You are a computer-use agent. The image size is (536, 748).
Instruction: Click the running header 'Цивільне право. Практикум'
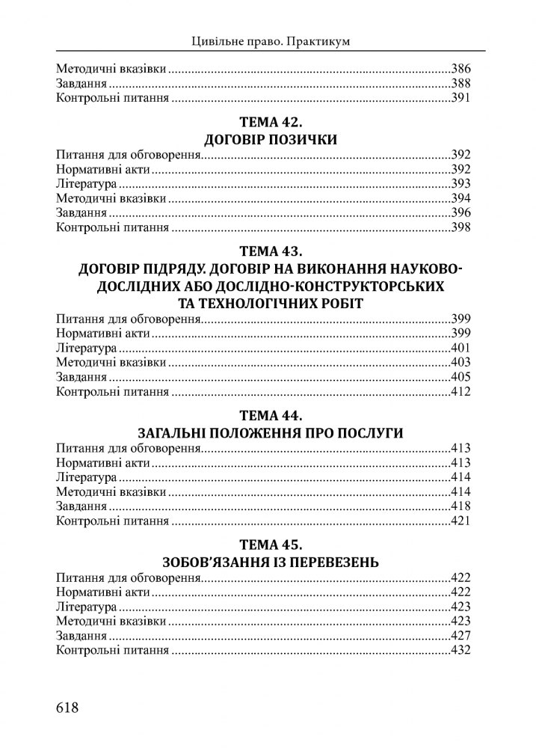click(x=270, y=42)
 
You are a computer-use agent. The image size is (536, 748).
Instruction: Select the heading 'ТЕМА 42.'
click(x=270, y=121)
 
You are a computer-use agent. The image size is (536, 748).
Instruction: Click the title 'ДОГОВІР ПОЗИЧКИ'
click(x=270, y=140)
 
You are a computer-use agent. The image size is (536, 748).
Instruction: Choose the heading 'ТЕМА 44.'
click(x=270, y=414)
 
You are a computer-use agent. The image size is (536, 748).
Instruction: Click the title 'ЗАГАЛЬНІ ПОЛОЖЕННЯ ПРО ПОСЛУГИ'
click(x=270, y=433)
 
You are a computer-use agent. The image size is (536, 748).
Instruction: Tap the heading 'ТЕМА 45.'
click(x=270, y=543)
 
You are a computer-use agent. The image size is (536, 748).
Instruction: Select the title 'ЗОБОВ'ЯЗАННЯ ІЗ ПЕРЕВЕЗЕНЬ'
click(x=270, y=562)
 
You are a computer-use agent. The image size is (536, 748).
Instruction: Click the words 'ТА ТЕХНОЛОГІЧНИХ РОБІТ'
click(x=270, y=302)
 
